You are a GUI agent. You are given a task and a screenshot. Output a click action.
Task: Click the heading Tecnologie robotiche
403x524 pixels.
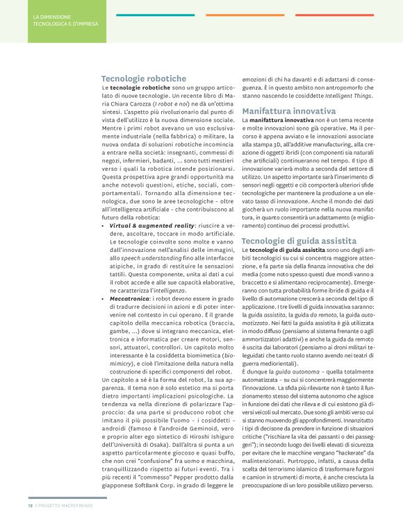[x=144, y=79]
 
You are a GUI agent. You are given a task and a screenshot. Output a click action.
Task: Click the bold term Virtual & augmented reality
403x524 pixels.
[x=148, y=226]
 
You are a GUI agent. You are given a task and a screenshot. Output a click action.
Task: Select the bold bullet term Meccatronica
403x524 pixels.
[x=131, y=298]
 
